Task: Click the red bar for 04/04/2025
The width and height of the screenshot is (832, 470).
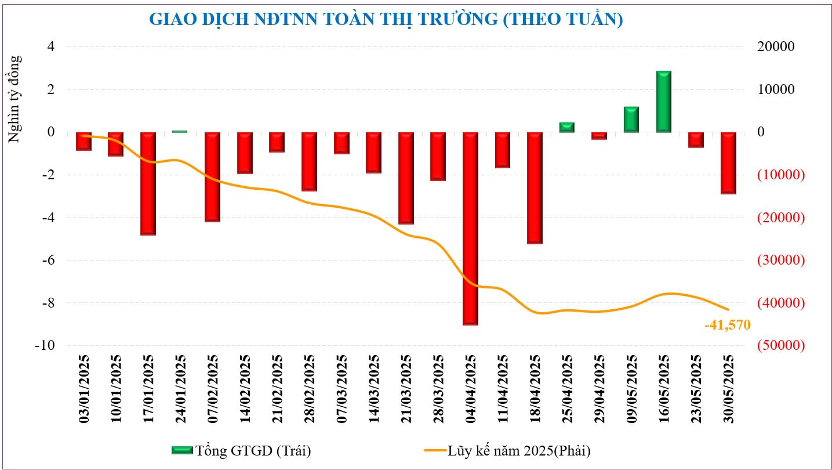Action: click(x=471, y=228)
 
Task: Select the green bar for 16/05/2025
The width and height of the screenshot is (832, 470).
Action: click(x=664, y=102)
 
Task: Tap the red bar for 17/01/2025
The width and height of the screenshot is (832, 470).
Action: click(x=148, y=183)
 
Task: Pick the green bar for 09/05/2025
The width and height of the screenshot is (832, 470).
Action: click(x=631, y=120)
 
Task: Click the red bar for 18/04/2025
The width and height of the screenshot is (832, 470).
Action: click(x=535, y=187)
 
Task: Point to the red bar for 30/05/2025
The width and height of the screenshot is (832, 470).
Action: click(x=728, y=163)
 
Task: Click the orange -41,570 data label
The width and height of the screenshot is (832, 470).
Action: click(x=727, y=326)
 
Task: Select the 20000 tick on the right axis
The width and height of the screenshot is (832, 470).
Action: click(x=776, y=46)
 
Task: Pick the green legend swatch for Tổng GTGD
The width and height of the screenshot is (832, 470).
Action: click(x=181, y=450)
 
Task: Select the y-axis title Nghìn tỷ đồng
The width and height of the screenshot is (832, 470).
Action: click(x=15, y=99)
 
